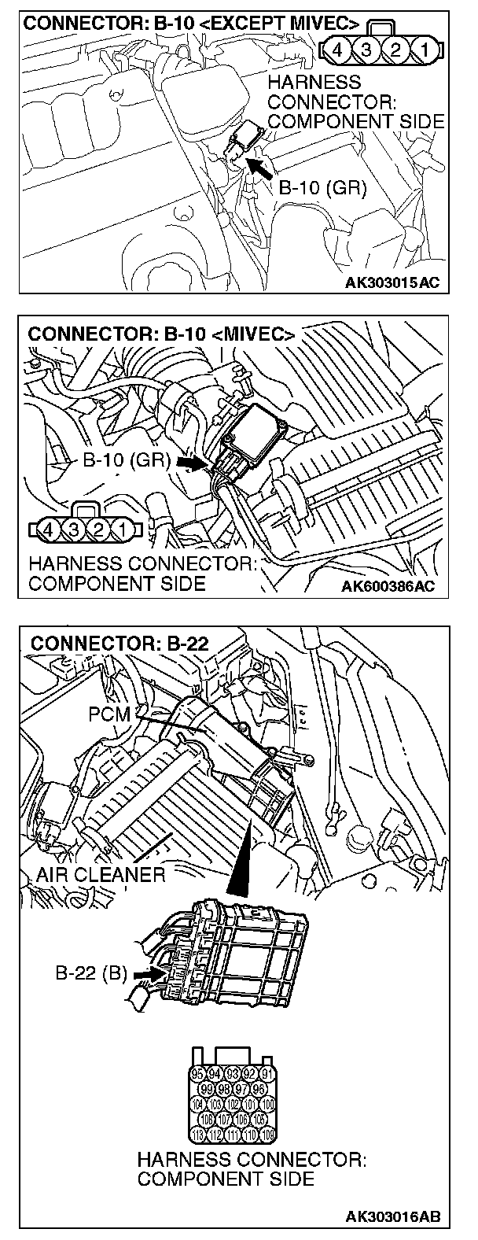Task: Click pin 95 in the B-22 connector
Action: pyautogui.click(x=199, y=1072)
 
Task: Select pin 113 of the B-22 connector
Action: pyautogui.click(x=199, y=1135)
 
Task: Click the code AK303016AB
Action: pyautogui.click(x=389, y=1217)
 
